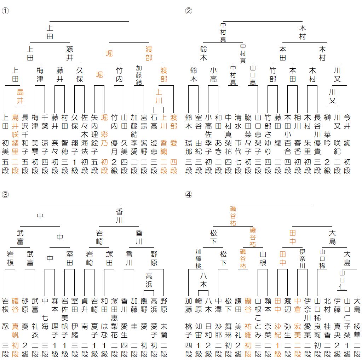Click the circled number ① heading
5,11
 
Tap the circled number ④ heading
189,194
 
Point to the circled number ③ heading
5,194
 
